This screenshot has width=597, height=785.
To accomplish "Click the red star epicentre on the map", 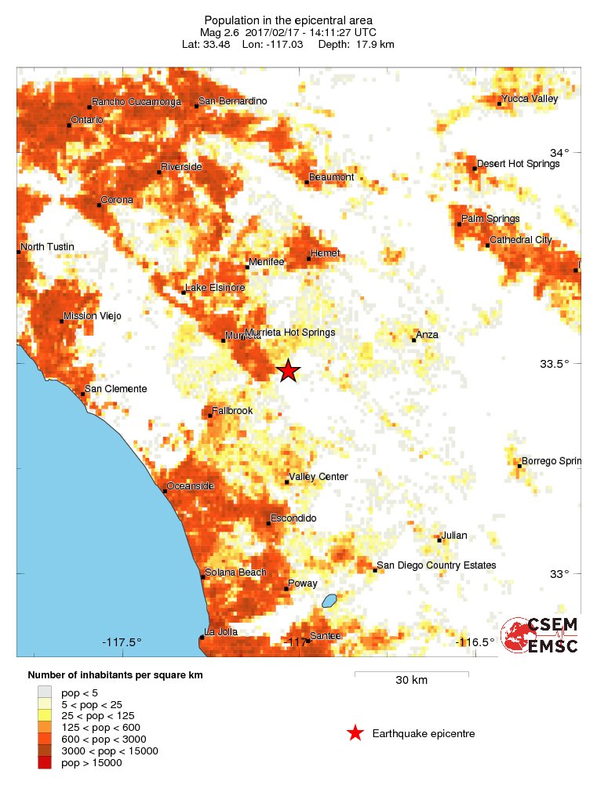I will click(x=289, y=371).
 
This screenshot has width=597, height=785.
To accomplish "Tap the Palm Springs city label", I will click(x=490, y=219).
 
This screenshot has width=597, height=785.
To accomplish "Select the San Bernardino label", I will click(x=232, y=101).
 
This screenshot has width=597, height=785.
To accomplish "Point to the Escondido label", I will click(x=293, y=518).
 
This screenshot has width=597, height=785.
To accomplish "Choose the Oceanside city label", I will click(x=191, y=486).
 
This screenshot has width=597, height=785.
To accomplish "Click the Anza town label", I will click(x=428, y=335).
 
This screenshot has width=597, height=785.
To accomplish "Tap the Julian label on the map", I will click(x=454, y=536).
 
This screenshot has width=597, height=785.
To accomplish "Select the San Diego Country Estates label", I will click(x=436, y=565).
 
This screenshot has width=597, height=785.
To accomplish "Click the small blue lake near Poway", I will click(x=329, y=601).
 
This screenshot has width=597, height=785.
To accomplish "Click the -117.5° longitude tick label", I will click(x=122, y=642).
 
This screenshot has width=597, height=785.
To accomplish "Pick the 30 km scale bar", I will click(x=411, y=674).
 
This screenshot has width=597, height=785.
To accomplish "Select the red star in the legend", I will click(x=355, y=733).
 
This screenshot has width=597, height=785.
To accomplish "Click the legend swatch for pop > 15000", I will click(x=45, y=762).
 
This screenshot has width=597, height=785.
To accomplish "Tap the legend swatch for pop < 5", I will click(x=45, y=692).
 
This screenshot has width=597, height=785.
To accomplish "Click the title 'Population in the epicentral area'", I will click(x=288, y=20).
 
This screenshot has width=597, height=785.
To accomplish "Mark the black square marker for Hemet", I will click(x=309, y=258).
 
